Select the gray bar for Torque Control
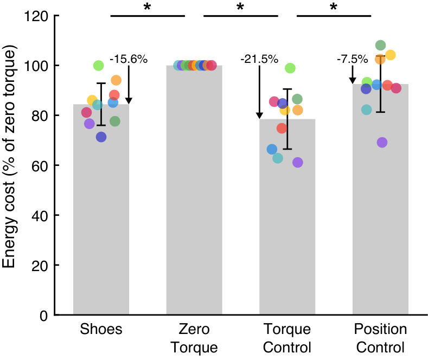[287, 228]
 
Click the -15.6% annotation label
[129, 59]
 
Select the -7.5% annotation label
[352, 59]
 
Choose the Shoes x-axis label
[101, 329]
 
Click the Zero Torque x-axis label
[194, 338]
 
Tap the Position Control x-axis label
[380, 338]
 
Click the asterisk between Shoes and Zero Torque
[147, 7]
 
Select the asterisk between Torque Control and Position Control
[333, 7]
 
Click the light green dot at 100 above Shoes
[98, 66]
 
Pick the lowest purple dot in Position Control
[382, 143]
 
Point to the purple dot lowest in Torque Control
[297, 163]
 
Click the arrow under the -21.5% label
[259, 92]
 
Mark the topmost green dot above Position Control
[380, 45]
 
